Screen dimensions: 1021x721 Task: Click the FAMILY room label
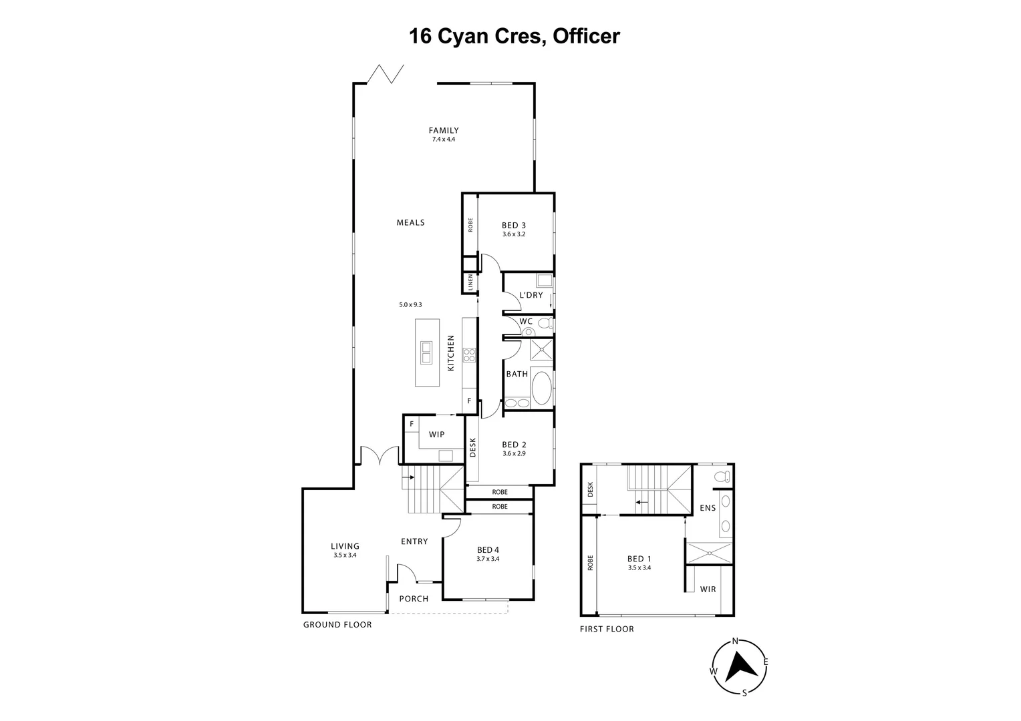coord(444,130)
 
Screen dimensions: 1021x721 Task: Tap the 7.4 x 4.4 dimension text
coord(444,140)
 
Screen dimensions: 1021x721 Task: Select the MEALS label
coord(411,223)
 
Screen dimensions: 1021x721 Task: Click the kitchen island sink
coord(426,352)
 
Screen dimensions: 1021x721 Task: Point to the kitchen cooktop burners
coord(469,355)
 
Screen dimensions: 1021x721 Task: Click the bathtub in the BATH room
coord(541,388)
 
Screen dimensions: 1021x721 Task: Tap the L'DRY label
coord(531,295)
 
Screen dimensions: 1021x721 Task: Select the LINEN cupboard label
coord(470,282)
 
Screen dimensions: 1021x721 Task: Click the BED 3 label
coord(514,225)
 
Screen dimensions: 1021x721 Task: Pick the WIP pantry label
coord(436,435)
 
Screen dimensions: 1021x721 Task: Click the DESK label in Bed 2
coord(472,448)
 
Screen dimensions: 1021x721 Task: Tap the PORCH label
coord(414,599)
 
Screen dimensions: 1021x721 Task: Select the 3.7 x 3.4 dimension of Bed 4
coord(488,559)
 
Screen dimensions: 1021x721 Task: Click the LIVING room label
coord(345,546)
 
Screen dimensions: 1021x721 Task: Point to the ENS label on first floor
coord(708,508)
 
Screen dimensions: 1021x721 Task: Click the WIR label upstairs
coord(708,589)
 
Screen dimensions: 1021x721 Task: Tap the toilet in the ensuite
coord(722,477)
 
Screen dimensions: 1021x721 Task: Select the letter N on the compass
coord(735,642)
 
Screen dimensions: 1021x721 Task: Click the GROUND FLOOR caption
coord(337,625)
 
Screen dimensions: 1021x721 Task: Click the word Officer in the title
coord(586,36)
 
